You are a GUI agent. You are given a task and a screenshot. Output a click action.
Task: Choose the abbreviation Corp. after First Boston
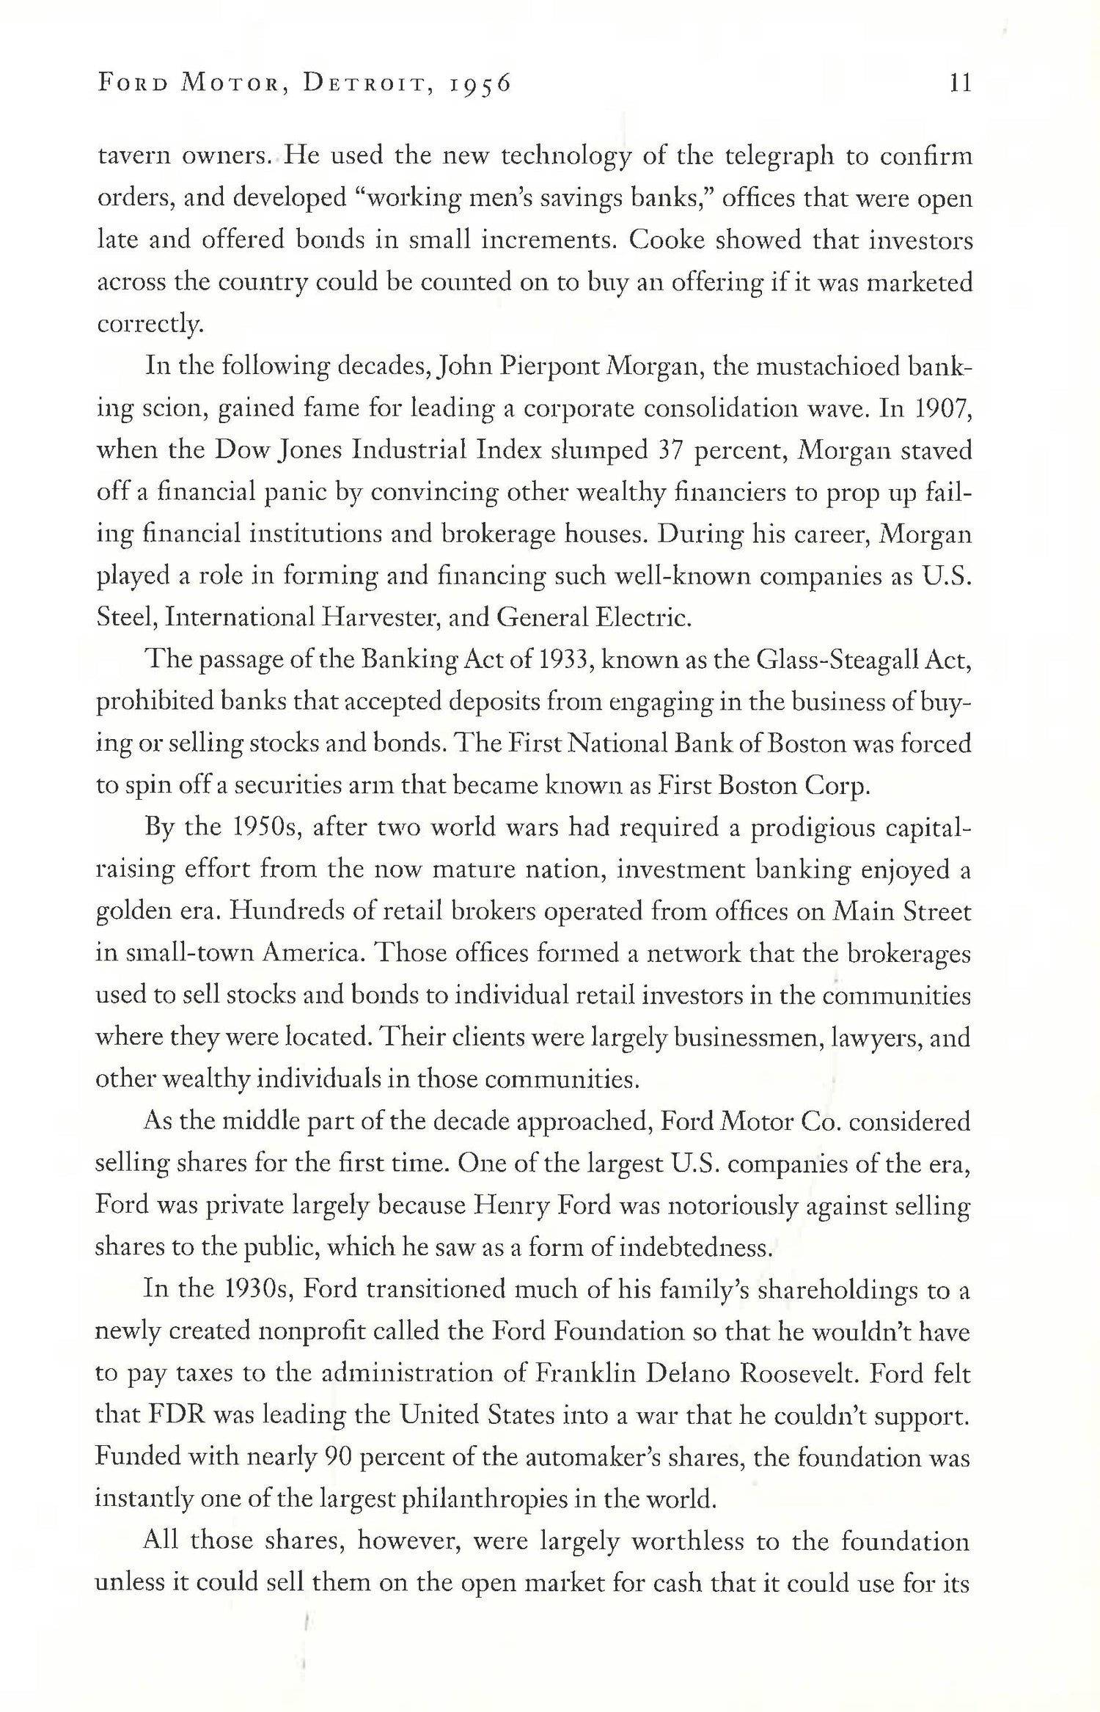[x=838, y=786]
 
